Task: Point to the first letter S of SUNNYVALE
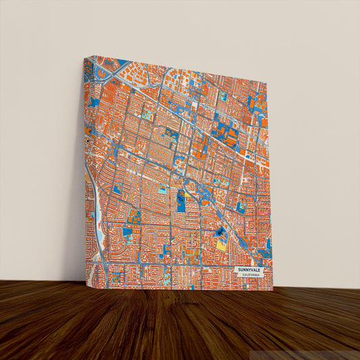coord(238,269)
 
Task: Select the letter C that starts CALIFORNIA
coord(242,274)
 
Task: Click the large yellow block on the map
coord(221,245)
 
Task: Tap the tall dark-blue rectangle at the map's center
coord(180,201)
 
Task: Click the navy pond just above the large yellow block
coord(220,232)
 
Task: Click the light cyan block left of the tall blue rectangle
coord(162,190)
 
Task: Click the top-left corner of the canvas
coord(84,57)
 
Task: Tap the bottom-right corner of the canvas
coord(273,290)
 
